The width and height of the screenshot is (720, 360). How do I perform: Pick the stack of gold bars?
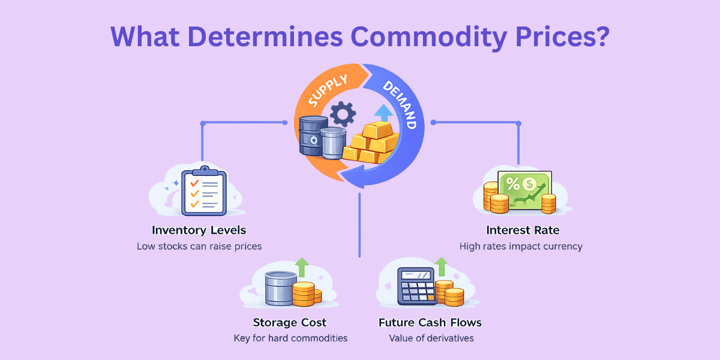[x=372, y=142]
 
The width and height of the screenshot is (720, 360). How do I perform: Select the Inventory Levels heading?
[x=199, y=230]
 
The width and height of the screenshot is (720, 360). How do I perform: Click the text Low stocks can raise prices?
[x=199, y=246]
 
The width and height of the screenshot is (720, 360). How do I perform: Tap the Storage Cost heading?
[x=290, y=323]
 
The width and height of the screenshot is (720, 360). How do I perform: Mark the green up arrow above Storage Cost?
[x=302, y=267]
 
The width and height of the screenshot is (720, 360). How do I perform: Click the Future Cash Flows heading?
[x=430, y=323]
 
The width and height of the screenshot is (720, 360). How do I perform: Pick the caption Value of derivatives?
[x=431, y=338]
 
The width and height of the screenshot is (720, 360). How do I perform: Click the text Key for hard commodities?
[x=290, y=338]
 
